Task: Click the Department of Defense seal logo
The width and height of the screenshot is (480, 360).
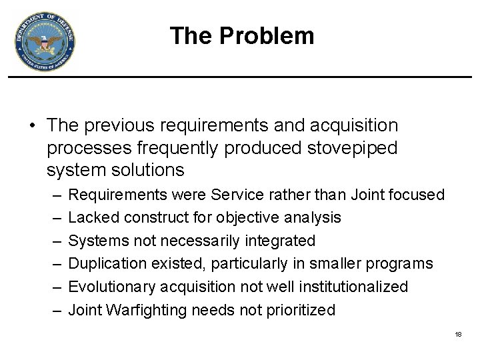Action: (x=45, y=42)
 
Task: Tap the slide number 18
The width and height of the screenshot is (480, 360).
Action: (x=458, y=334)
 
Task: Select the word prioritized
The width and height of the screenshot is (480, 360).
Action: (x=299, y=310)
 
